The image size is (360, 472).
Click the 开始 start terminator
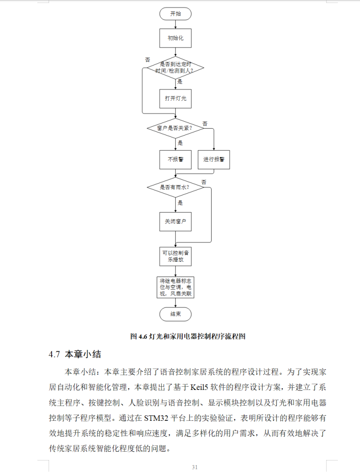(x=175, y=14)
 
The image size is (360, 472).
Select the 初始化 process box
(x=175, y=38)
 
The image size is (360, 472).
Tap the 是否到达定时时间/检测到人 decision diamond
(x=175, y=68)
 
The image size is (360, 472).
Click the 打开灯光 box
(x=175, y=99)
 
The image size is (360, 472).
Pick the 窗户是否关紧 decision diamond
(x=175, y=128)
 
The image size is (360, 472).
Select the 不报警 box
(x=175, y=159)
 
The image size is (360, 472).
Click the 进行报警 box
(x=213, y=159)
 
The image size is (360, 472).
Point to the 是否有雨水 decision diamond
(x=175, y=188)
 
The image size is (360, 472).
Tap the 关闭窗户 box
(x=175, y=221)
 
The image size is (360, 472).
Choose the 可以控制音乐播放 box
(x=175, y=256)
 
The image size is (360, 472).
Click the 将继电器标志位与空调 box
(x=175, y=287)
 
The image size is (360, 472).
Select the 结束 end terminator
(x=175, y=314)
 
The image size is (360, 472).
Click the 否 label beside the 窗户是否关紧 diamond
(x=205, y=124)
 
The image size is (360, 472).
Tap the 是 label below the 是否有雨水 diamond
(x=180, y=202)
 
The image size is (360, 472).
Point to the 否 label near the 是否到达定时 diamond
(x=148, y=60)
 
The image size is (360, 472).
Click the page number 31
(x=195, y=467)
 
